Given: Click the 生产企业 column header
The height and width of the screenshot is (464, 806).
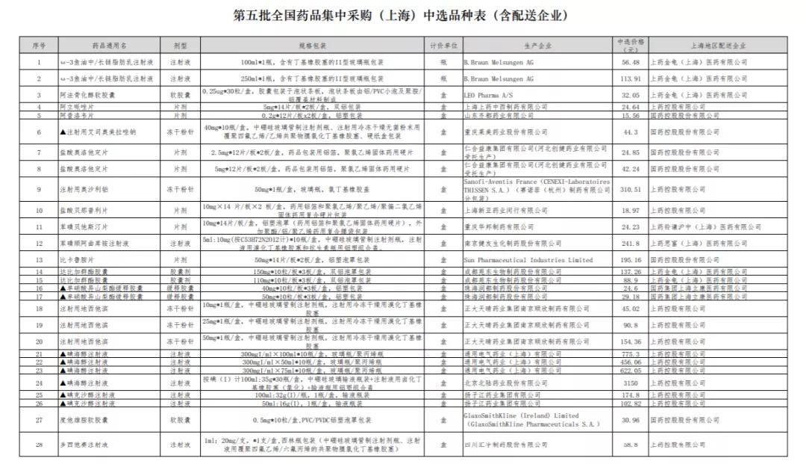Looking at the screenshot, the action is [537, 46].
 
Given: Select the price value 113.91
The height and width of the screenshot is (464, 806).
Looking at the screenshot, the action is [631, 78].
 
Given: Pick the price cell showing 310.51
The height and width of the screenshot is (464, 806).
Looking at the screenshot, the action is [631, 190].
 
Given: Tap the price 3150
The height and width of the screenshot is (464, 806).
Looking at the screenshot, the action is [631, 383].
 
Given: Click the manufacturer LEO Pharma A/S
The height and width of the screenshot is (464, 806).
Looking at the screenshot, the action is [487, 96].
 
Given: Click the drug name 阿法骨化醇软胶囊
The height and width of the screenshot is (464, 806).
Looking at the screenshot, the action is [89, 96].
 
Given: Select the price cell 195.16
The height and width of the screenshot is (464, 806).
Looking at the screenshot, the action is [631, 260].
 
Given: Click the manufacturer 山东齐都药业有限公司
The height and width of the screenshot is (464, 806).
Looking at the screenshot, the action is [499, 116].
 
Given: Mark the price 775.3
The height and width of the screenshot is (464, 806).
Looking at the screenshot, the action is [631, 353].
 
